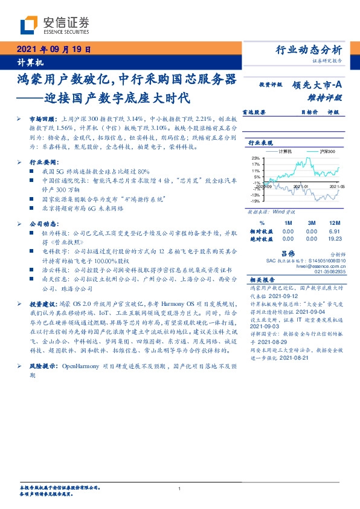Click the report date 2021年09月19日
point(53,50)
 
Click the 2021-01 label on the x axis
point(301,188)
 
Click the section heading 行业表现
point(262,143)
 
